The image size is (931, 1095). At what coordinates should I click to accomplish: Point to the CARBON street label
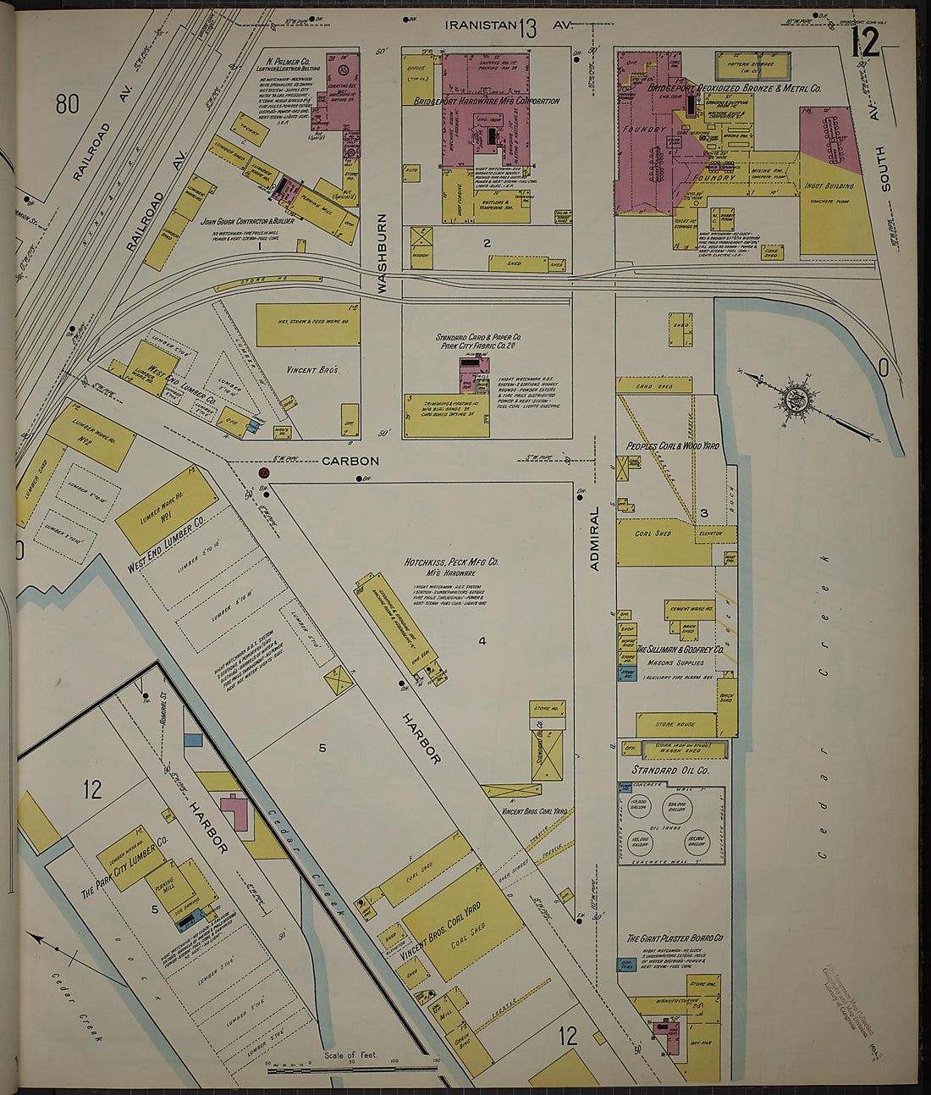click(350, 462)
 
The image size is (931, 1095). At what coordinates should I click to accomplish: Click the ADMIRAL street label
click(594, 538)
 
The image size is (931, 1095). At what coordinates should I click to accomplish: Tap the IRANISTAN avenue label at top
click(481, 25)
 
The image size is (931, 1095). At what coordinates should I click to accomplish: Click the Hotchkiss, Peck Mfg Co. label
click(451, 561)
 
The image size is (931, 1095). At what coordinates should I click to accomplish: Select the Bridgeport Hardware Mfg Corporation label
click(487, 101)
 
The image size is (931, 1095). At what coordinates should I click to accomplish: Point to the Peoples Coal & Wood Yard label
click(672, 445)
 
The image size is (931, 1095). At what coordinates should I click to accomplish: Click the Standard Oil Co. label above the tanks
click(670, 771)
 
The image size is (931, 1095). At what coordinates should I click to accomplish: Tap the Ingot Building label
click(829, 185)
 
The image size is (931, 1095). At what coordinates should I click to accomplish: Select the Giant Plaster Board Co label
click(675, 938)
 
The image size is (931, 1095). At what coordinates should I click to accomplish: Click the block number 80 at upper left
click(67, 104)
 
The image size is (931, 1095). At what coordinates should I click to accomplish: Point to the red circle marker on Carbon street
click(264, 473)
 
